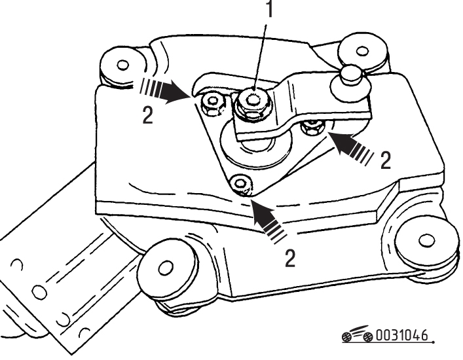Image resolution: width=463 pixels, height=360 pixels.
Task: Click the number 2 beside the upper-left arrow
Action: click(x=147, y=115)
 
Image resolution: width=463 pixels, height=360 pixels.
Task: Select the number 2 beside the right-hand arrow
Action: click(x=385, y=160)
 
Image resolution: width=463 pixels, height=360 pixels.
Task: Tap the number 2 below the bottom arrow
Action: click(x=289, y=258)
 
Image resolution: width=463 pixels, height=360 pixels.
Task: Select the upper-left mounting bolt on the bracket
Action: click(x=212, y=105)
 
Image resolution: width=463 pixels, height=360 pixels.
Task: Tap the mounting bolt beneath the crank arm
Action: click(x=312, y=128)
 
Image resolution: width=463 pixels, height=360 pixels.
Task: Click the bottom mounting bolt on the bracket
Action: click(x=241, y=185)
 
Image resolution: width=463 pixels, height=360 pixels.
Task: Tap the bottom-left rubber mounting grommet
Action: click(x=166, y=270)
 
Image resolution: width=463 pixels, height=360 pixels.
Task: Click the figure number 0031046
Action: click(x=401, y=336)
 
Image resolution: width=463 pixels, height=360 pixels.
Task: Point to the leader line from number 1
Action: click(x=260, y=57)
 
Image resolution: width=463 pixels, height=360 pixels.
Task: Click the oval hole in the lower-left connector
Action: click(x=39, y=292)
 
